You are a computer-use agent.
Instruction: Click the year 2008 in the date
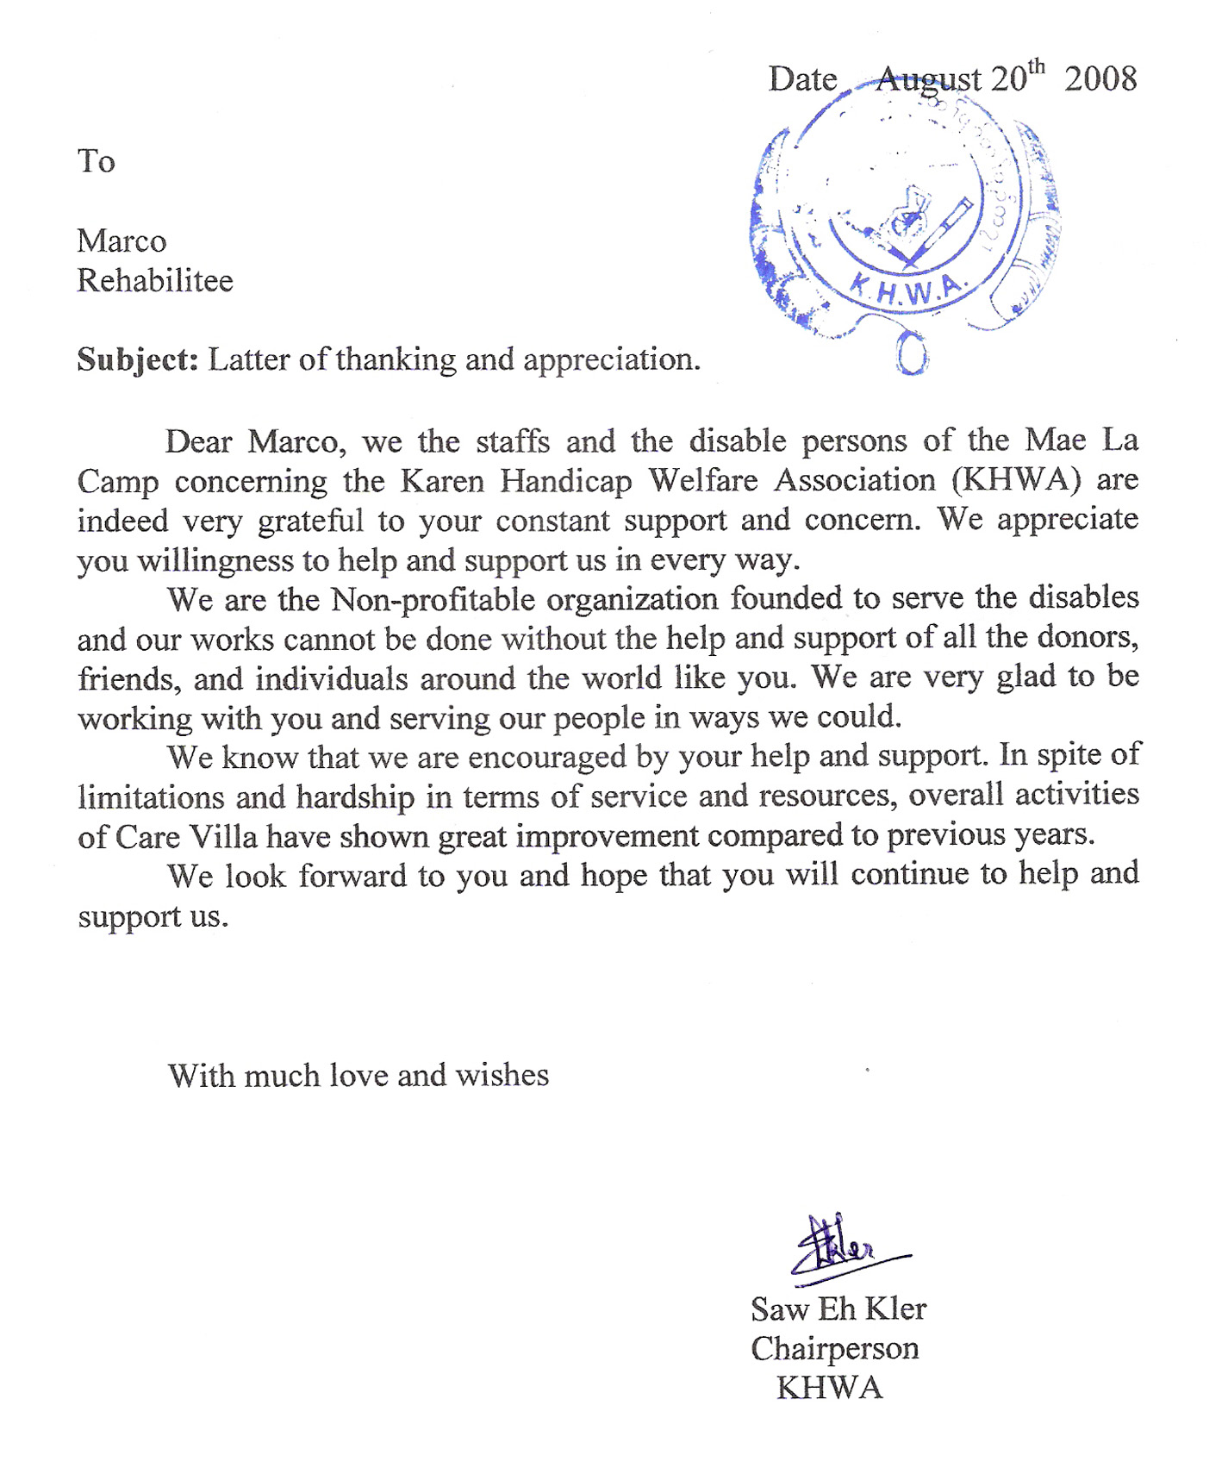pyautogui.click(x=1100, y=79)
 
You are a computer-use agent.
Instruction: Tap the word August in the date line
pyautogui.click(x=928, y=80)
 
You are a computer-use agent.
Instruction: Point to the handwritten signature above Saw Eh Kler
pyautogui.click(x=840, y=1247)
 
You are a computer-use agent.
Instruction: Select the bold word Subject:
pyautogui.click(x=138, y=359)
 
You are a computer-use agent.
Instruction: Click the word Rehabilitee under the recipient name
pyautogui.click(x=155, y=281)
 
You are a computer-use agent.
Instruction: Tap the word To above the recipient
pyautogui.click(x=96, y=161)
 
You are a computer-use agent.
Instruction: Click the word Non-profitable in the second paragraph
pyautogui.click(x=524, y=599)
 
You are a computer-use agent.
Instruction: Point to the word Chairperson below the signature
pyautogui.click(x=834, y=1348)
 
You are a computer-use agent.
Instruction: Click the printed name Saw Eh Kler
pyautogui.click(x=838, y=1309)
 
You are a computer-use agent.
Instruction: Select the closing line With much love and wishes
pyautogui.click(x=358, y=1076)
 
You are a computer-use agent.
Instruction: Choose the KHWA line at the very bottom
pyautogui.click(x=829, y=1388)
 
